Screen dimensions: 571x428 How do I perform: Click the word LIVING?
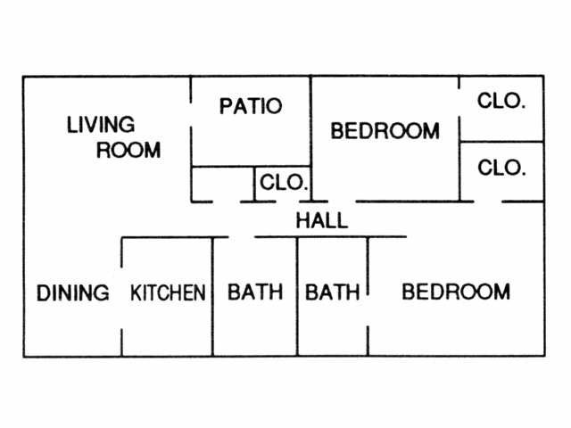[x=101, y=125]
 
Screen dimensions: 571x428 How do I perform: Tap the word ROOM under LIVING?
[x=128, y=150]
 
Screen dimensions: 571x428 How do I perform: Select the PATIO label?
[x=251, y=106]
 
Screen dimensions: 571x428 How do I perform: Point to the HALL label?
[x=321, y=221]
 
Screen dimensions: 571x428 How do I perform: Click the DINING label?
[x=73, y=292]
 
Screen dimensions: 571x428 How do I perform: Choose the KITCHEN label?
[x=169, y=292]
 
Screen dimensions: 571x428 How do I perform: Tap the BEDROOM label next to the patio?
[x=385, y=131]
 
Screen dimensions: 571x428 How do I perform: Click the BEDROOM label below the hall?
[x=456, y=292]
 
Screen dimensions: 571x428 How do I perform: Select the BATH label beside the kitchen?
[x=255, y=292]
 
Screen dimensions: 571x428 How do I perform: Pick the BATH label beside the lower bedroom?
[x=333, y=292]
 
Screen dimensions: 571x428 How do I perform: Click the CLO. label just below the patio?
[x=284, y=185]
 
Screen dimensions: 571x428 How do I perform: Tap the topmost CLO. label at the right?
[x=501, y=101]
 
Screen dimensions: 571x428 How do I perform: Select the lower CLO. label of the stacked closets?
[x=501, y=167]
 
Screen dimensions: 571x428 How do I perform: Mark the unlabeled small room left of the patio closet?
[x=223, y=184]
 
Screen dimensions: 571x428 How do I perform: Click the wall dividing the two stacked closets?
[x=501, y=141]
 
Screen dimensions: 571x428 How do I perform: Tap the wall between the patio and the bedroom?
[x=310, y=125]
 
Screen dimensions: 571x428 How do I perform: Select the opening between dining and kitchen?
[x=122, y=294]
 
